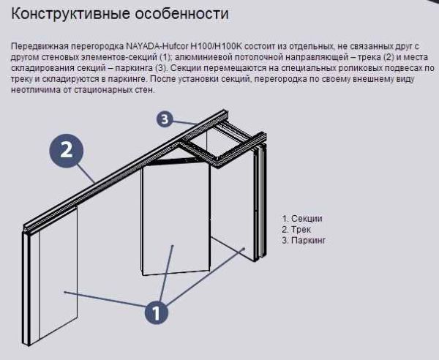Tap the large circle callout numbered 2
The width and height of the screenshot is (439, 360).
pyautogui.click(x=66, y=151)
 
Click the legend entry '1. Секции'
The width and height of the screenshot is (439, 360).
pyautogui.click(x=302, y=219)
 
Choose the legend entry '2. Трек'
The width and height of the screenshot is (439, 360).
pyautogui.click(x=296, y=230)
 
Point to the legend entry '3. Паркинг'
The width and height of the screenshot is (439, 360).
pyautogui.click(x=304, y=241)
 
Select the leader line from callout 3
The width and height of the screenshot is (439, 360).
pyautogui.click(x=187, y=121)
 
